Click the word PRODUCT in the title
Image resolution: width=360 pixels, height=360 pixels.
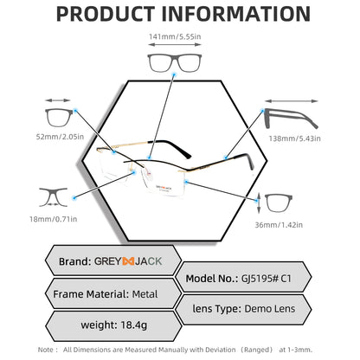pyautogui.click(x=106, y=14)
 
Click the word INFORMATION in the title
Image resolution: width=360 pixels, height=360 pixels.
pyautogui.click(x=236, y=14)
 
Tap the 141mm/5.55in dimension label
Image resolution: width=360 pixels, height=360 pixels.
pyautogui.click(x=175, y=36)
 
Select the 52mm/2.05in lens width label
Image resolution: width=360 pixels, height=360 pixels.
pyautogui.click(x=60, y=137)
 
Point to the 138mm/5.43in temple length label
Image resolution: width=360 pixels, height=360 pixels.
pyautogui.click(x=294, y=138)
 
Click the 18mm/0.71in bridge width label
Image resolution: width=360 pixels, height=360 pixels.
pyautogui.click(x=54, y=219)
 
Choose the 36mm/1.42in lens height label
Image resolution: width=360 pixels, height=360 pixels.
pyautogui.click(x=279, y=225)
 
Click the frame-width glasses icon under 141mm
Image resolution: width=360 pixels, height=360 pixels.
pyautogui.click(x=175, y=62)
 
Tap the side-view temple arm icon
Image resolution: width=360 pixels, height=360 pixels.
pyautogui.click(x=291, y=119)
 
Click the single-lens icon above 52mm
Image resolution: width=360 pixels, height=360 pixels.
pyautogui.click(x=59, y=118)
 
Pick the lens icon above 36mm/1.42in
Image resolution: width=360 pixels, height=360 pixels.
pyautogui.click(x=279, y=202)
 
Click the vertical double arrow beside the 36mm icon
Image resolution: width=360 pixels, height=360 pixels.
pyautogui.click(x=259, y=203)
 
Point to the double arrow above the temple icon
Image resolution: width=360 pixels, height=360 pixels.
pyautogui.click(x=292, y=101)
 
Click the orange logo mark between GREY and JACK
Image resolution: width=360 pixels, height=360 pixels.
pyautogui.click(x=128, y=261)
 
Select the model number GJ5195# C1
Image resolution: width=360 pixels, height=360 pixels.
pyautogui.click(x=267, y=279)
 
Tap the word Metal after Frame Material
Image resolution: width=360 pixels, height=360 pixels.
pyautogui.click(x=145, y=294)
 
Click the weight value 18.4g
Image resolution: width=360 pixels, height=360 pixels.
pyautogui.click(x=134, y=325)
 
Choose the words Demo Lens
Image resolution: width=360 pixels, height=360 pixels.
pyautogui.click(x=270, y=309)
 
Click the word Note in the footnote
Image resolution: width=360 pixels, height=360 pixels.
pyautogui.click(x=46, y=350)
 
